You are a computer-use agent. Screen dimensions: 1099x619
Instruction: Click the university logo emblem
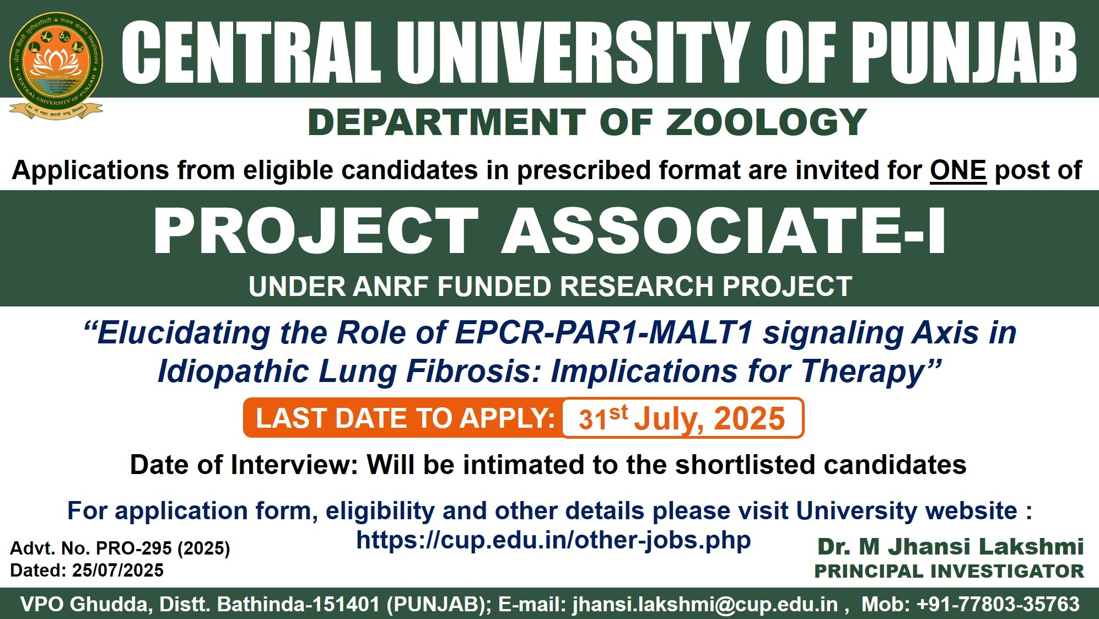point(56,65)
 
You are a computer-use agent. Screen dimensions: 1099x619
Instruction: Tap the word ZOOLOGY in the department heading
point(767,122)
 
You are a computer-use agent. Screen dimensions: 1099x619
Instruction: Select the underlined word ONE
point(958,170)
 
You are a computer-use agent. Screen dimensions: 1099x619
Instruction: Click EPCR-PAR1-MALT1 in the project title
point(604,333)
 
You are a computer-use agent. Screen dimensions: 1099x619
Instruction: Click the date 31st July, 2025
point(682,418)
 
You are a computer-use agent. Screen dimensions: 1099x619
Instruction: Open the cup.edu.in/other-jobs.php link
point(553,540)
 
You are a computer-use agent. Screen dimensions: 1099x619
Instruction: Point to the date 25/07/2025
point(117,570)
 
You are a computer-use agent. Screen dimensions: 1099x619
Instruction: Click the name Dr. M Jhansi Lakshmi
point(951,547)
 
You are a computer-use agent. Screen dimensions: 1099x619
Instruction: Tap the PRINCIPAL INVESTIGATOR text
point(949,572)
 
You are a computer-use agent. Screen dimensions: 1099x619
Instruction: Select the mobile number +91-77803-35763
point(998,604)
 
